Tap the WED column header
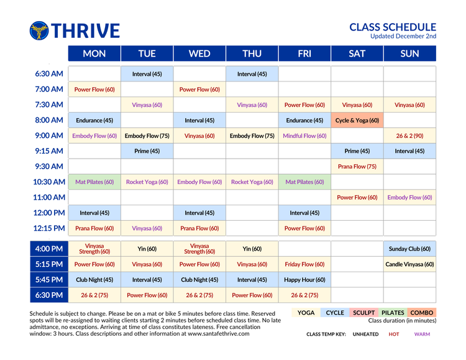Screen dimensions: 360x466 click(x=199, y=53)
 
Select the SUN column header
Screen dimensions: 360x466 click(x=409, y=53)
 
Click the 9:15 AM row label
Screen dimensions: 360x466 click(x=49, y=151)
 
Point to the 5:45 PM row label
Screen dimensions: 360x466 click(x=49, y=280)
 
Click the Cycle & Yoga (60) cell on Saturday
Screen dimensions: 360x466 click(x=357, y=121)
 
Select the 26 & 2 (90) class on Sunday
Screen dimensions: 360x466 click(x=409, y=136)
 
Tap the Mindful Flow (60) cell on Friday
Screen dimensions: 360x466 click(x=304, y=136)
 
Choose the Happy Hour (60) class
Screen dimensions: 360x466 click(x=304, y=280)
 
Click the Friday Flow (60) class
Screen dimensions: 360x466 click(x=304, y=264)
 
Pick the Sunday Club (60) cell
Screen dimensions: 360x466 click(x=409, y=249)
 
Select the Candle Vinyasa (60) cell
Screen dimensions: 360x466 click(x=409, y=264)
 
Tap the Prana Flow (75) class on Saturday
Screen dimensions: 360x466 click(x=357, y=167)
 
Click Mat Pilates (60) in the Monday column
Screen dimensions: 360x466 click(x=94, y=182)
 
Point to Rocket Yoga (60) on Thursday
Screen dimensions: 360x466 click(x=252, y=182)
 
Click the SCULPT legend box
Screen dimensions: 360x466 click(x=363, y=313)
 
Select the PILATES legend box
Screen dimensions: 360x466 click(x=393, y=313)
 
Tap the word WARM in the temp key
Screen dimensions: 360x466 click(x=423, y=334)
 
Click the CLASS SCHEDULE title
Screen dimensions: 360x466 click(x=393, y=27)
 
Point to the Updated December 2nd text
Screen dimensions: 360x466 click(x=403, y=36)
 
